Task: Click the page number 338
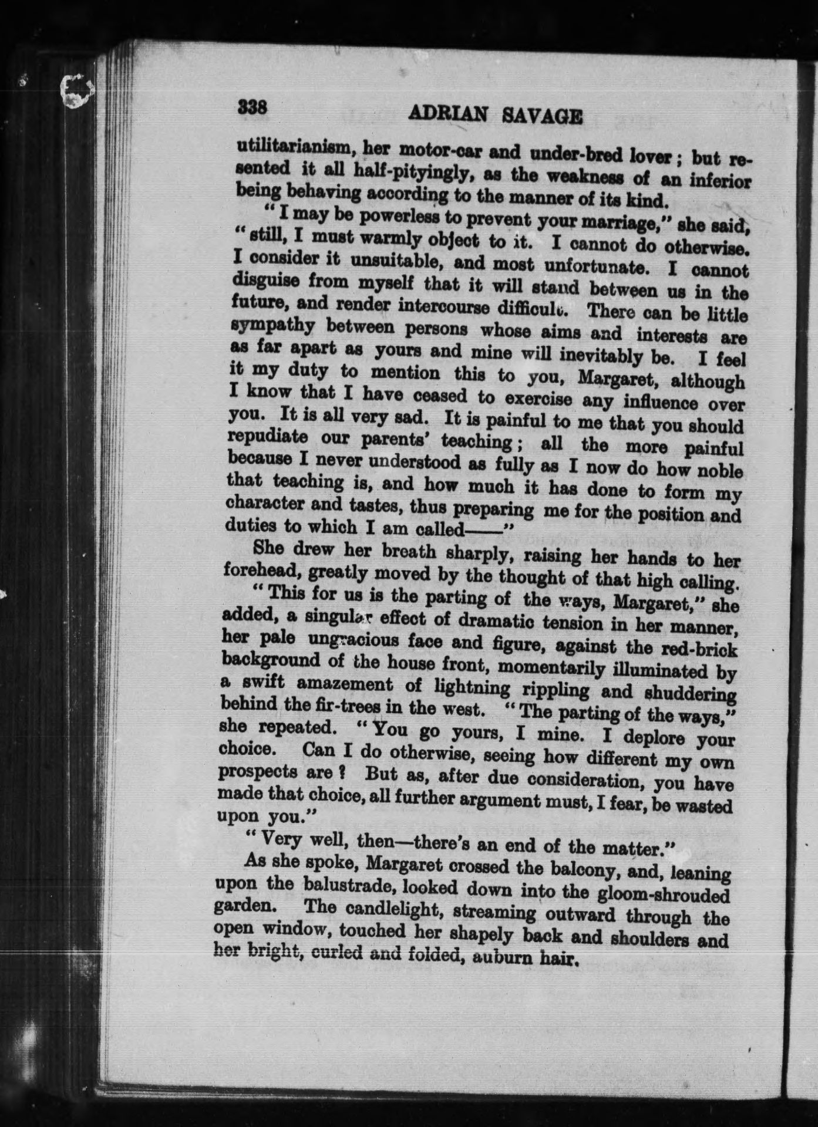pyautogui.click(x=253, y=107)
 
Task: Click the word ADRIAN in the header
pyautogui.click(x=447, y=114)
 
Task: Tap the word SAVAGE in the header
pyautogui.click(x=543, y=116)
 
